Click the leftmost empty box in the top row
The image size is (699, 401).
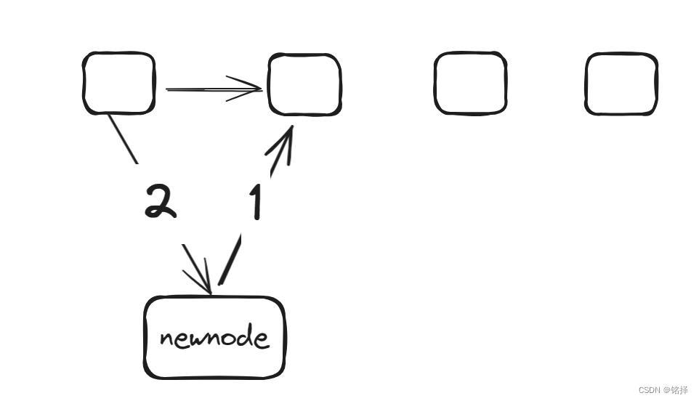pos(119,83)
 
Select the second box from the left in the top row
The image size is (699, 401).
pos(304,84)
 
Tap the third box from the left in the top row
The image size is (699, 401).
pos(470,83)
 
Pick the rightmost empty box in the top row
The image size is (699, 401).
pos(621,84)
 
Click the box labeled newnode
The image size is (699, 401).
pos(214,337)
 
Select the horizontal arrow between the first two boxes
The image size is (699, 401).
pos(211,89)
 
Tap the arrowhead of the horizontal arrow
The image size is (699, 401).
pos(251,89)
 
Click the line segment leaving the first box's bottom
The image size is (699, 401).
pos(123,138)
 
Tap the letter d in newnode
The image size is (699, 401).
pos(245,336)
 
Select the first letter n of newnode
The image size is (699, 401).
pos(166,339)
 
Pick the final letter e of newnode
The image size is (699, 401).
pos(261,339)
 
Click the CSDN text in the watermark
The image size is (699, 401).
pos(649,390)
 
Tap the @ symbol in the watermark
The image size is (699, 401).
pos(665,390)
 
